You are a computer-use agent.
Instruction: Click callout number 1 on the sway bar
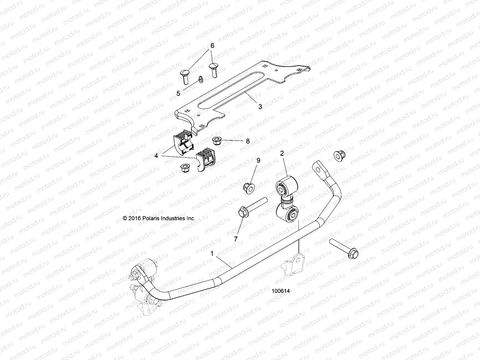coord(212,253)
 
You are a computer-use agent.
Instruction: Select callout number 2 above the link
coord(282,153)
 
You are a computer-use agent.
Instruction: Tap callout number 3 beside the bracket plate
coord(260,106)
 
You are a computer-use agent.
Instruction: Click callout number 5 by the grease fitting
coord(178,93)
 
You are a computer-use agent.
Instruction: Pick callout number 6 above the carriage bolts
coord(212,46)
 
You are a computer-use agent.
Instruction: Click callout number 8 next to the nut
coord(248,141)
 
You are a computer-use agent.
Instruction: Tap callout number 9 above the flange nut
coord(258,160)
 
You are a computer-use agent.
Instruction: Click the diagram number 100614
coord(282,291)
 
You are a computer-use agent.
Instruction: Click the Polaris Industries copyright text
coord(159,218)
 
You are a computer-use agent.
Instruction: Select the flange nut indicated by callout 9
coord(249,188)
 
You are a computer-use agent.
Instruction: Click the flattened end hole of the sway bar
coord(324,171)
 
